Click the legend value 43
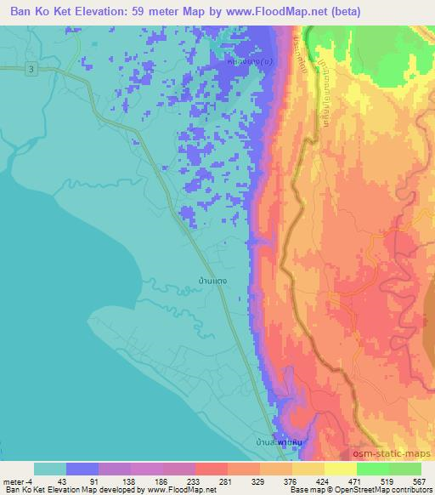67,481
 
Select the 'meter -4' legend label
20,481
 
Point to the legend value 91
100,481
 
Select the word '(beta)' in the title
342,12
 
